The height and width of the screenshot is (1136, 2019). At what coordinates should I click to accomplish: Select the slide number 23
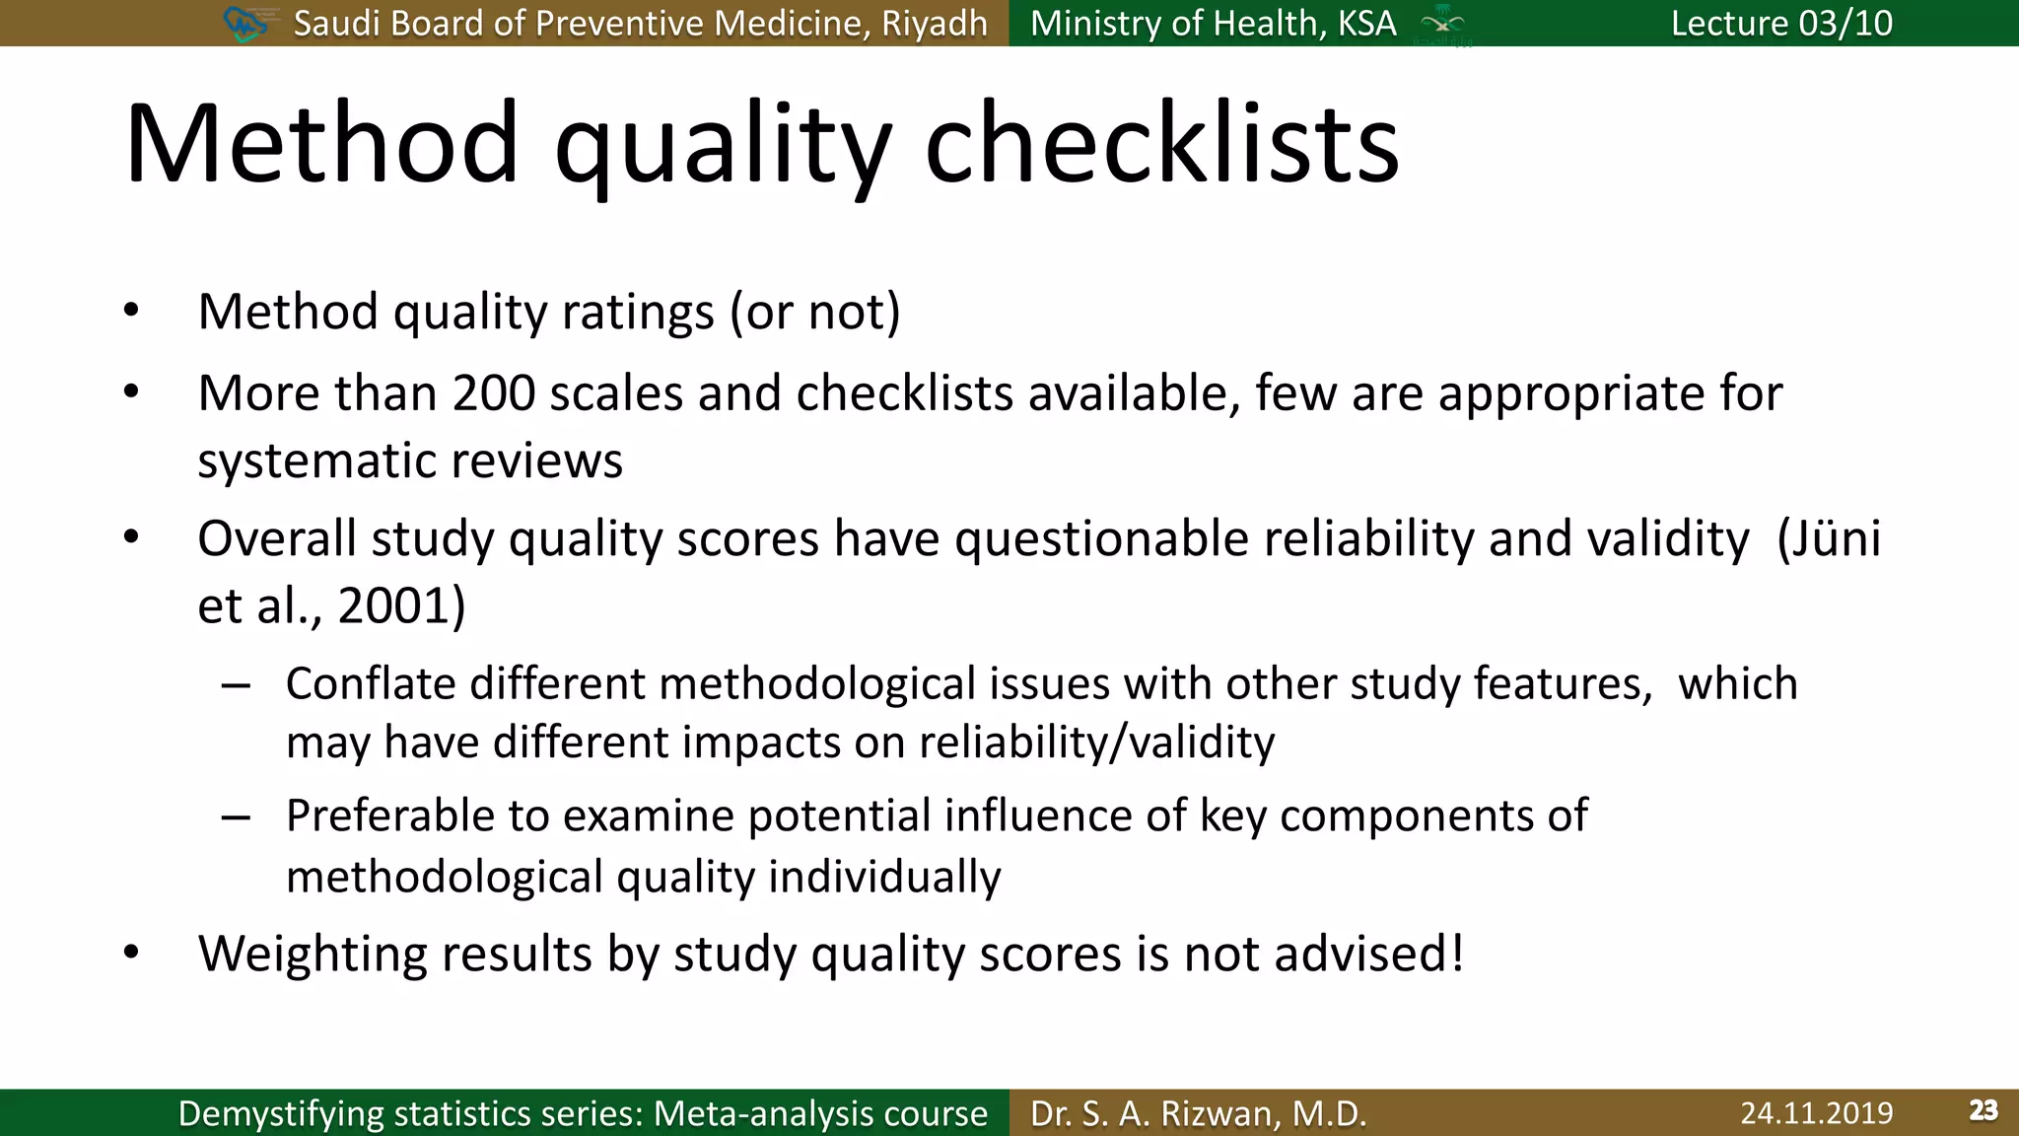(x=1983, y=1110)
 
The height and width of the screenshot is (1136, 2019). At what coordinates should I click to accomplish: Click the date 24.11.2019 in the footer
(x=1816, y=1112)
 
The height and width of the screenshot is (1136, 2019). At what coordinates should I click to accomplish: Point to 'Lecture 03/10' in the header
(x=1780, y=23)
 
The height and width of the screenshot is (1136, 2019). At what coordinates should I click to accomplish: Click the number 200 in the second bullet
(x=493, y=393)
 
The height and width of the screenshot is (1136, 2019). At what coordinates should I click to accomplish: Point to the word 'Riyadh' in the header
(x=934, y=23)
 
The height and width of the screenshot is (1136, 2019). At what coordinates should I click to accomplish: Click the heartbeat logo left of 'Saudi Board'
(x=245, y=23)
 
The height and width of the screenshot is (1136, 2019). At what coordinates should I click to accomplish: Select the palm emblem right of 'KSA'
(x=1442, y=23)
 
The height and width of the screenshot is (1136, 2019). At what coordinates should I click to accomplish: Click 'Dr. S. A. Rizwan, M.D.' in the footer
(x=1198, y=1112)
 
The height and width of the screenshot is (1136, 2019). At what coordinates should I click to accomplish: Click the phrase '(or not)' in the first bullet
(x=814, y=313)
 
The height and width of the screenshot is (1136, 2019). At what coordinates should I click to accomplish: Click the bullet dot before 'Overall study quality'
(x=131, y=538)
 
